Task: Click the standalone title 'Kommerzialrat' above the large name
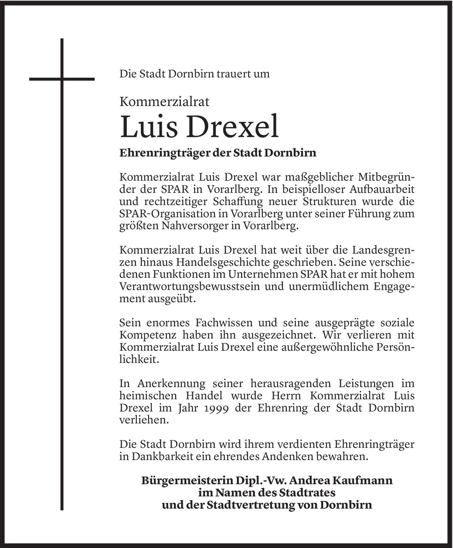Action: coord(164,102)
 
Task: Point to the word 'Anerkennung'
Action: coord(172,383)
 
